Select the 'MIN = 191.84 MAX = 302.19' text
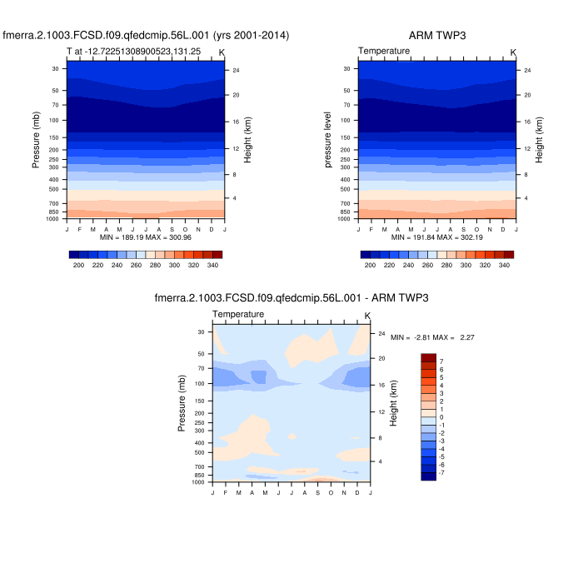pyautogui.click(x=437, y=237)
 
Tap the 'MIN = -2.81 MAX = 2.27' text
pyautogui.click(x=426, y=337)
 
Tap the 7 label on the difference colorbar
pyautogui.click(x=441, y=361)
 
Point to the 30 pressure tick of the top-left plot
pyautogui.click(x=55, y=68)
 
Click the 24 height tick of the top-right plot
pyautogui.click(x=527, y=70)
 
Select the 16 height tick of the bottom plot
pyautogui.click(x=381, y=386)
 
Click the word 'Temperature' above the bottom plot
pyautogui.click(x=238, y=314)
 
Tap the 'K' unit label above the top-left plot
pyautogui.click(x=222, y=52)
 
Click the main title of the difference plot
pyautogui.click(x=291, y=297)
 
